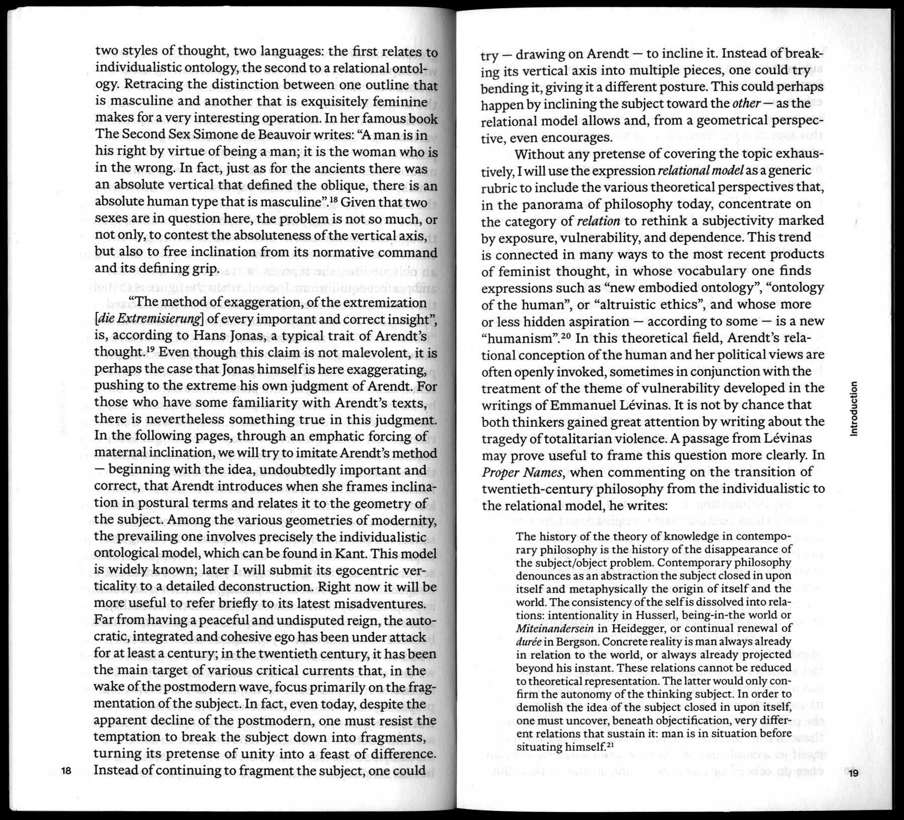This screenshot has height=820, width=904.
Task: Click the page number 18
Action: click(x=67, y=770)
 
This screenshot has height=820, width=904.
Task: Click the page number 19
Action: click(x=853, y=773)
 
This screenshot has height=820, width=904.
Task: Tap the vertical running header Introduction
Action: click(x=854, y=409)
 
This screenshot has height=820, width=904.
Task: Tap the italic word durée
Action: click(x=528, y=642)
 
